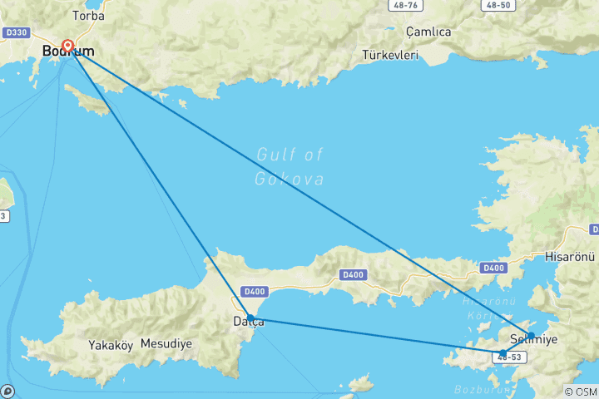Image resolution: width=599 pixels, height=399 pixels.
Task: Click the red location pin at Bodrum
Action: pyautogui.click(x=67, y=47)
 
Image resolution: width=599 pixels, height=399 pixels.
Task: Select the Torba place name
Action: pyautogui.click(x=88, y=15)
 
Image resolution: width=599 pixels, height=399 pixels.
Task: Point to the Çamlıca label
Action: pyautogui.click(x=428, y=32)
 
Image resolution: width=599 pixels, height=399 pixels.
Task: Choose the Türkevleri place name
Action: pyautogui.click(x=390, y=56)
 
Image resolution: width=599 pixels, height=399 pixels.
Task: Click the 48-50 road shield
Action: pyautogui.click(x=498, y=5)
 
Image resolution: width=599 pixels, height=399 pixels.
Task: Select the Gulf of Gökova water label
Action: pyautogui.click(x=290, y=166)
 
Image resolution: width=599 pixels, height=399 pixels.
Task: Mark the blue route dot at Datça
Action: pyautogui.click(x=250, y=318)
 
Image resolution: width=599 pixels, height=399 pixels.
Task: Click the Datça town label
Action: pyautogui.click(x=249, y=322)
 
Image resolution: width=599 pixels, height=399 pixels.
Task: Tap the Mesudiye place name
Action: pyautogui.click(x=166, y=342)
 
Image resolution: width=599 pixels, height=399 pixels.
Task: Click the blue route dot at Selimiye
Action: pyautogui.click(x=531, y=336)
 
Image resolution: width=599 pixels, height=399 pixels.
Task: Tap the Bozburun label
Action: pyautogui.click(x=476, y=389)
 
